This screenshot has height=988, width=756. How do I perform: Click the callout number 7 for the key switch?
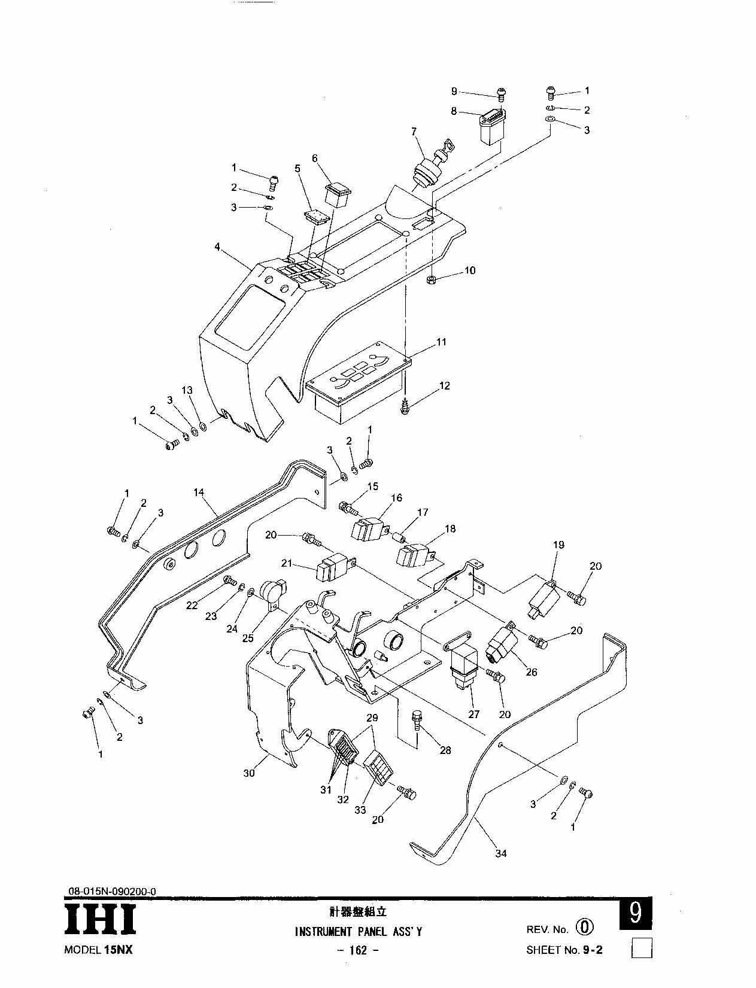click(414, 132)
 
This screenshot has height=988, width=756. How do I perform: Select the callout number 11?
click(441, 342)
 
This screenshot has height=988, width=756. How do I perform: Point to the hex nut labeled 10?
click(430, 280)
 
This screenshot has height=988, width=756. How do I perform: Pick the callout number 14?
click(199, 493)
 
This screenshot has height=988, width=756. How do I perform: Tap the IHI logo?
click(100, 918)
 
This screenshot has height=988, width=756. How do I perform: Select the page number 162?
click(358, 950)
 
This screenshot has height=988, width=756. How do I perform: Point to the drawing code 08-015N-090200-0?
click(112, 891)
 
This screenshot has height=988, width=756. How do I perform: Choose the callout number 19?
click(558, 545)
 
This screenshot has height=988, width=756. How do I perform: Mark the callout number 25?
click(248, 639)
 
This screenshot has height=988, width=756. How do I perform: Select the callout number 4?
click(217, 247)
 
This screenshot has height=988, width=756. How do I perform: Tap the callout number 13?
click(187, 390)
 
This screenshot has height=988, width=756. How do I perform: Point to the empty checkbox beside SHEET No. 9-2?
click(642, 950)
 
